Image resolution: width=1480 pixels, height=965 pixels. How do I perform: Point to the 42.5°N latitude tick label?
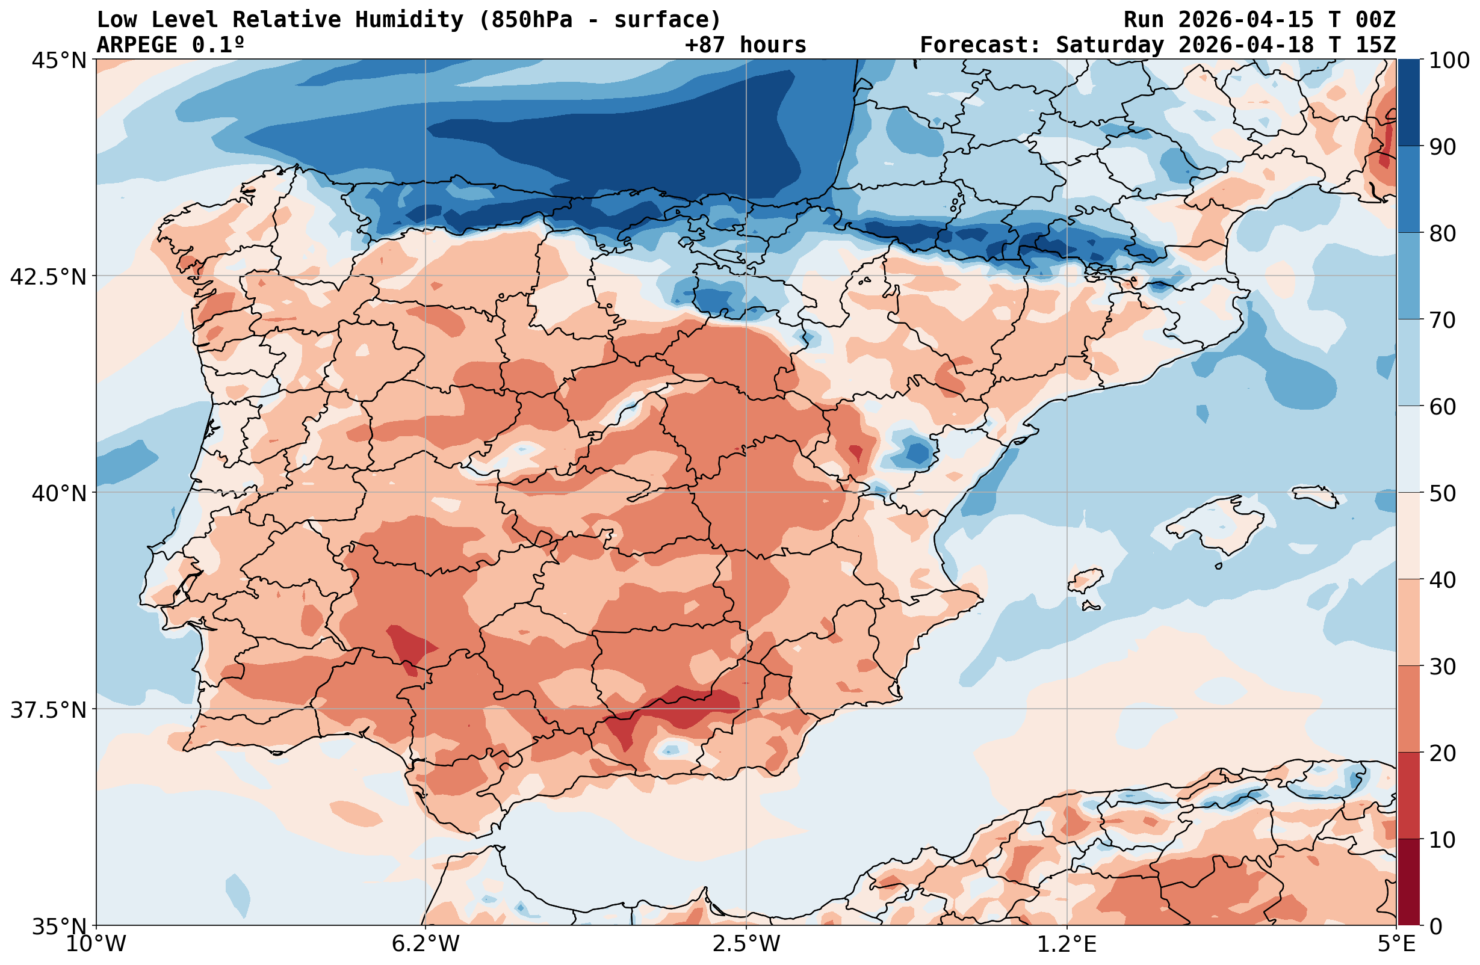click(x=49, y=276)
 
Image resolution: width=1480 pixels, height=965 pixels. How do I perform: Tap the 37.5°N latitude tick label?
click(x=49, y=709)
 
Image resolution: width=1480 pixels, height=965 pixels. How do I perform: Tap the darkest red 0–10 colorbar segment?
click(x=1408, y=883)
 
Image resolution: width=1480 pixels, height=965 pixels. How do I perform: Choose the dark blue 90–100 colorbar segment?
click(x=1408, y=103)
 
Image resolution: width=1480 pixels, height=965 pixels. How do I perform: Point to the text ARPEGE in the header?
click(x=137, y=45)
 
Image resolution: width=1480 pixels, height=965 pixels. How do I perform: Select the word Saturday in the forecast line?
click(x=1109, y=45)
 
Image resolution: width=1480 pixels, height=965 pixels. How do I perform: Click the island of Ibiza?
click(x=1086, y=580)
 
